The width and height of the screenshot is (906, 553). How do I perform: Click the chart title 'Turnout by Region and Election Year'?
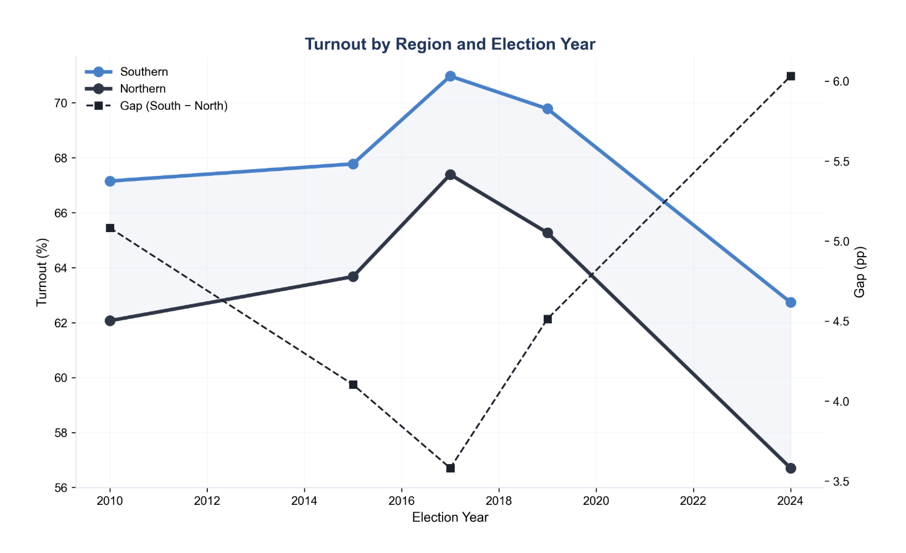coord(450,44)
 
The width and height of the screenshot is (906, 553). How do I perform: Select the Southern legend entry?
coord(143,72)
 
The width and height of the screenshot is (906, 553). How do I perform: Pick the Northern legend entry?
coord(142,89)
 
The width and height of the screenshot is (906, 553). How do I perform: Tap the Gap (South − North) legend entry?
coord(173,106)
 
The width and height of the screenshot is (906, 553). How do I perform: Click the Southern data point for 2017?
coord(451,76)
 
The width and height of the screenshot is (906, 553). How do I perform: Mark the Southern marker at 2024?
coord(791,302)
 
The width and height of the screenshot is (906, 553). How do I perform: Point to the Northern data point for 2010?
coord(110,321)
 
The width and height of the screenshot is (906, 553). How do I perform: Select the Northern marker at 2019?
coord(547,233)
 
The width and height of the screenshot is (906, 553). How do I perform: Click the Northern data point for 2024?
coord(791,468)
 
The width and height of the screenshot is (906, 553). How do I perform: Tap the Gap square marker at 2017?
coord(451,468)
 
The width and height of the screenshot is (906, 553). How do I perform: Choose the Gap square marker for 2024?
coord(791,77)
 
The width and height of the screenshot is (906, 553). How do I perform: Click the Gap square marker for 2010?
coord(110,228)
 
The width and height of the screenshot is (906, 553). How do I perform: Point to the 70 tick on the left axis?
coord(60,103)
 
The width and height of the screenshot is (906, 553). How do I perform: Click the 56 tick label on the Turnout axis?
coord(60,488)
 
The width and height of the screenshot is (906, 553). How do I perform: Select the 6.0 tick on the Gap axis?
coord(841,82)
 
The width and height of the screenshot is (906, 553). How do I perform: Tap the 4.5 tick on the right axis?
coord(841,322)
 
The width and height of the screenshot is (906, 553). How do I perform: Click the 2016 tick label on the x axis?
coord(401,501)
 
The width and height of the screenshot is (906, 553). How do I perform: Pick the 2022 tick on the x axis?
coord(693,501)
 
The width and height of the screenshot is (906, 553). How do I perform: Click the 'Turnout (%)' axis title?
coord(42,272)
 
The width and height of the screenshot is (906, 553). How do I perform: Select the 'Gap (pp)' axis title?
coord(860,272)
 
